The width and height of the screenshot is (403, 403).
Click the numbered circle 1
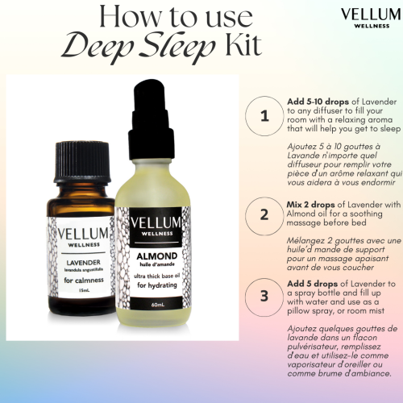pyautogui.click(x=264, y=115)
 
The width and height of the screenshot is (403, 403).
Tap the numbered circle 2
pyautogui.click(x=264, y=215)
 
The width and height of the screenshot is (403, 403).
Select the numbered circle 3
pyautogui.click(x=264, y=295)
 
